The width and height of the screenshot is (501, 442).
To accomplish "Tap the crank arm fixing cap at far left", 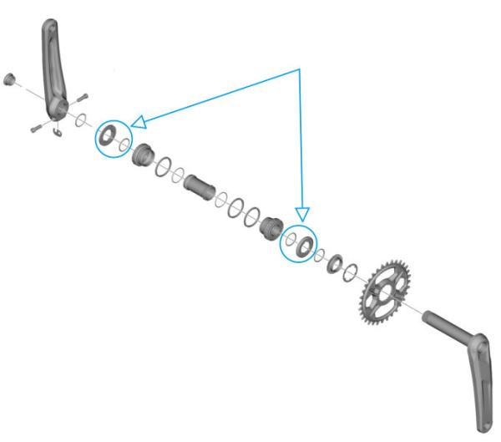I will (x=10, y=80).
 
